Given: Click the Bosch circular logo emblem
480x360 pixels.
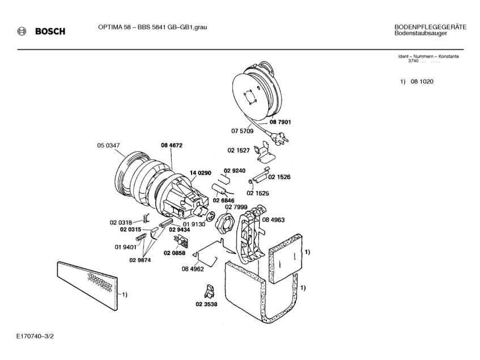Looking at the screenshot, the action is point(22,31).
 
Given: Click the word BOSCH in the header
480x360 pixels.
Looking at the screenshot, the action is point(50,31).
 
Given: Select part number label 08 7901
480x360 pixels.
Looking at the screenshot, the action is point(280,122).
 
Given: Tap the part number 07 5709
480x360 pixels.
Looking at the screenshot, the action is point(242,131).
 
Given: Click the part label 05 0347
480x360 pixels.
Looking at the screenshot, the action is point(108,145).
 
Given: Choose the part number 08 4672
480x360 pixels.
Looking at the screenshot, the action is point(171,145).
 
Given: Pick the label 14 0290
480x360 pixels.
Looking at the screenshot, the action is point(200,173).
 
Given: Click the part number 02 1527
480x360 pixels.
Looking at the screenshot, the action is point(239,150).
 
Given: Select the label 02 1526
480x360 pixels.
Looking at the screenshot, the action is point(279,177).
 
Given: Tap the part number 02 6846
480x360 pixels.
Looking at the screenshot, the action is point(223,201).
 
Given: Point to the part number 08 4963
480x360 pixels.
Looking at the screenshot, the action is point(273,220).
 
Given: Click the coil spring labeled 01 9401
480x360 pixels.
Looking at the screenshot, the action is point(141,236).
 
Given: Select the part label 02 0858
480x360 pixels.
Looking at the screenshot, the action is point(175,253).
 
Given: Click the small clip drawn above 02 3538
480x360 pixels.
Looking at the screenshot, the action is point(210,291).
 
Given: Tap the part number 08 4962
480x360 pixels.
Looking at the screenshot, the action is point(193,269).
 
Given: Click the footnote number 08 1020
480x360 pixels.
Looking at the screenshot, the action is point(422,82).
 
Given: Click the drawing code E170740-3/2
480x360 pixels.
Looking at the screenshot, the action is point(36,336).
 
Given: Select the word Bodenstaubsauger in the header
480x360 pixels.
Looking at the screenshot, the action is point(420,33).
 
